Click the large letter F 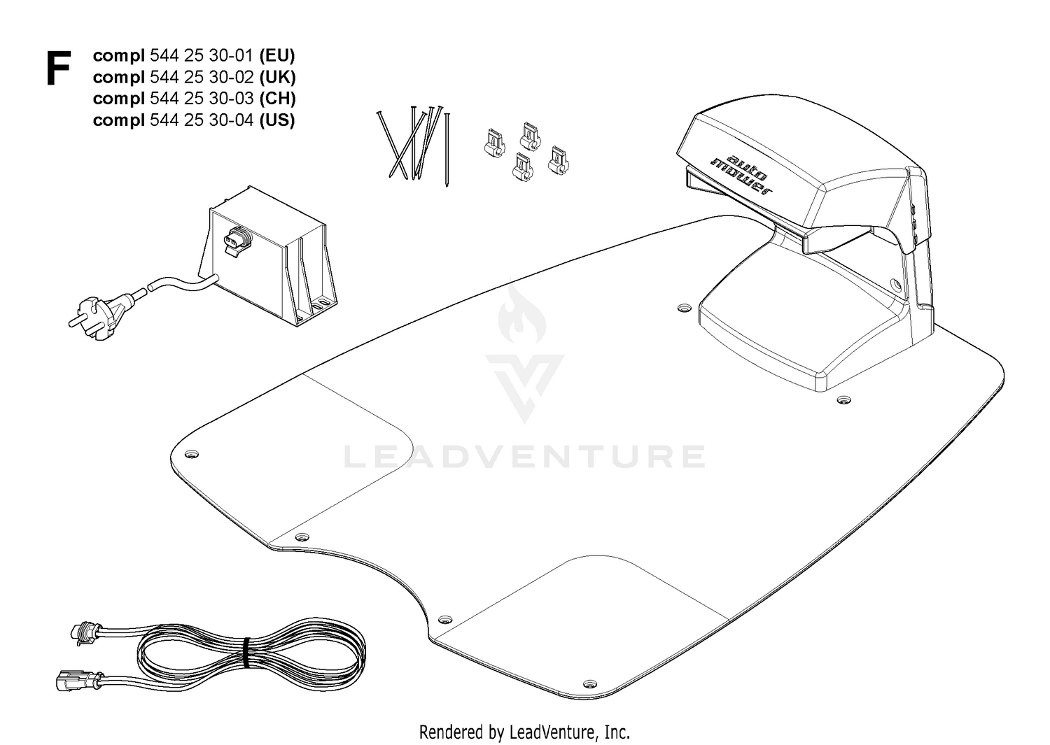point(59,69)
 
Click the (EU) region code point(277,56)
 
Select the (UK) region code point(277,78)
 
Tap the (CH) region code point(277,99)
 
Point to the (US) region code point(277,120)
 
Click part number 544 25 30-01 point(202,56)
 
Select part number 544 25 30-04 point(202,120)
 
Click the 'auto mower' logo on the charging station point(741,175)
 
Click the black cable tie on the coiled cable point(246,653)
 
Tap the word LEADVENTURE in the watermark point(524,457)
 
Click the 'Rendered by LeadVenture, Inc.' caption point(524,732)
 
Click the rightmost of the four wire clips point(559,160)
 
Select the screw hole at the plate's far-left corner point(192,454)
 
